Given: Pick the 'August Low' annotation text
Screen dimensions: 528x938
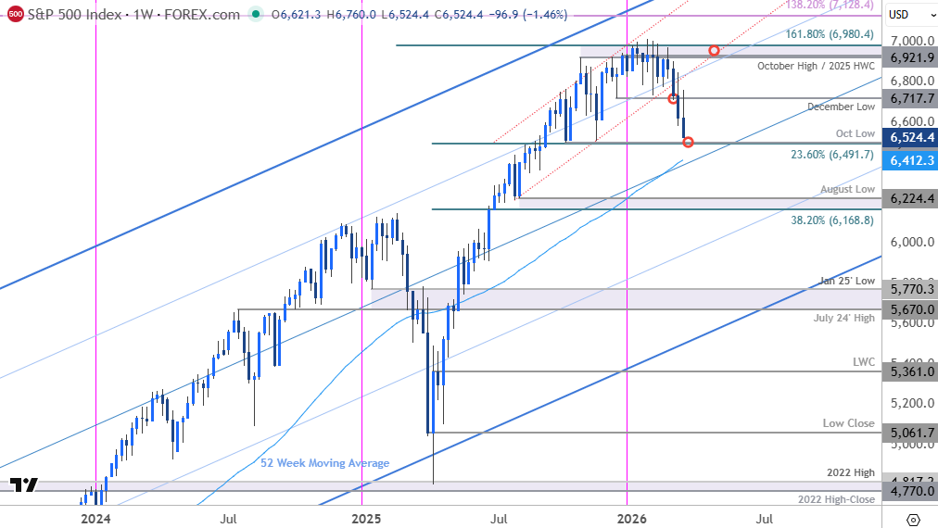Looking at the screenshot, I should click(847, 189).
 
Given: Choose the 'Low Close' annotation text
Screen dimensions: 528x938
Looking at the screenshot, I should click(848, 423).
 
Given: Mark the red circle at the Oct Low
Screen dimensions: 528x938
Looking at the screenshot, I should click(688, 142).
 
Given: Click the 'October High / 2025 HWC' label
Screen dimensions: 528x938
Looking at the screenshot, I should click(816, 66).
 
